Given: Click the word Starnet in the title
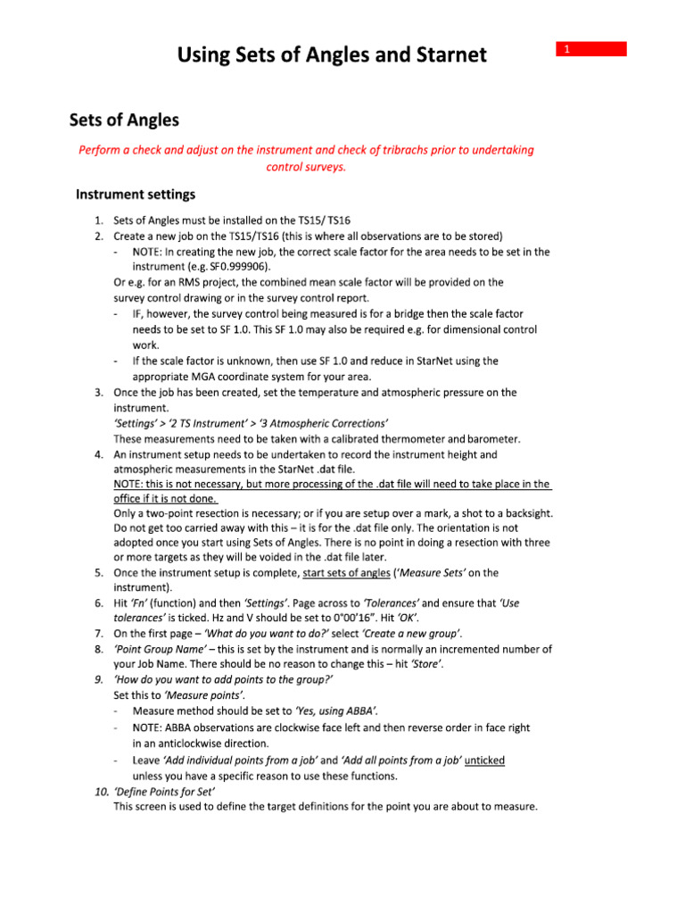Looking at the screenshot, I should coord(444,55).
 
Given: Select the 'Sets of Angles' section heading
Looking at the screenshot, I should coord(125,120).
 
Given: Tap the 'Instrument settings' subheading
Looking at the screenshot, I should coord(136,194).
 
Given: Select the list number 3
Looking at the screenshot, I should coord(98,392).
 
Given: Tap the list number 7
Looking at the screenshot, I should coord(98,634).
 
